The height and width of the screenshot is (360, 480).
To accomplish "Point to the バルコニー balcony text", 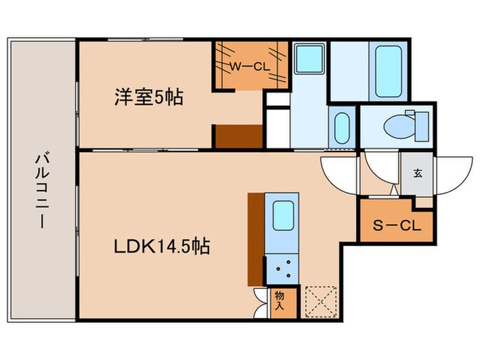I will tap(40, 191).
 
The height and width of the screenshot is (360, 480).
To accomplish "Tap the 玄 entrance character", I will tap(417, 173).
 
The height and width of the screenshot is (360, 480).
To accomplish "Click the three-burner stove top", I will tap(282, 268).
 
